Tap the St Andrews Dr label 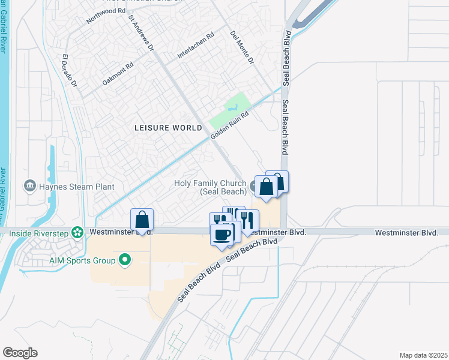tap(142, 33)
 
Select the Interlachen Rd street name tap(196, 46)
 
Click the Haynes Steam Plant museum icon tap(29, 187)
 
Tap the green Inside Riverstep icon tap(77, 232)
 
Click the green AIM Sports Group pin tap(125, 260)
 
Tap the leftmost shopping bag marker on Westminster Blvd tap(142, 220)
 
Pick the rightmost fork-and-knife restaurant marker tap(247, 220)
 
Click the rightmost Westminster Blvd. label tap(406, 232)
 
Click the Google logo tap(20, 353)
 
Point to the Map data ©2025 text tap(423, 355)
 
